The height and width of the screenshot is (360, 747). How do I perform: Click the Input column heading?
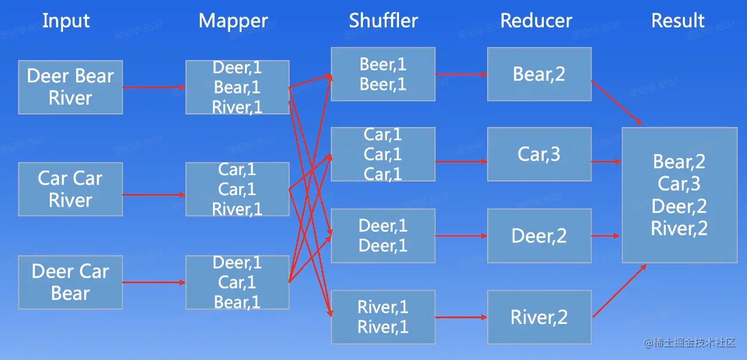click(66, 21)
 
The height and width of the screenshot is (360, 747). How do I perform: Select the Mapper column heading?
click(233, 21)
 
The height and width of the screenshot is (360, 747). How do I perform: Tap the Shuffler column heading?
click(384, 21)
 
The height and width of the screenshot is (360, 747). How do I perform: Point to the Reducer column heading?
click(536, 21)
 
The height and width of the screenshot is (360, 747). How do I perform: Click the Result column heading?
click(678, 21)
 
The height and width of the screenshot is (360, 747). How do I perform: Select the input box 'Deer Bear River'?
click(70, 87)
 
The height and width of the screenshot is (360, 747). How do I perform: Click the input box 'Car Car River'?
click(70, 189)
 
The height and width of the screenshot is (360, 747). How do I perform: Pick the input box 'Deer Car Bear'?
click(70, 282)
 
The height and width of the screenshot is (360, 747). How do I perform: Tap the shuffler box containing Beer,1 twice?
click(383, 74)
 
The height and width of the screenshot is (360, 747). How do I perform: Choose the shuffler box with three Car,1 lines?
click(383, 154)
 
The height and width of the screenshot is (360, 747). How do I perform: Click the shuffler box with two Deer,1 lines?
click(383, 235)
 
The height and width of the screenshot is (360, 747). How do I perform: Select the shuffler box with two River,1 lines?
click(383, 317)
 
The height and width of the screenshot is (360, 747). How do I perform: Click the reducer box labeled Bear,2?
click(539, 74)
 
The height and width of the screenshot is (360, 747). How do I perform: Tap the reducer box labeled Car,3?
click(539, 154)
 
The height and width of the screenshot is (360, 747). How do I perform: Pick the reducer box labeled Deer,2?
click(539, 235)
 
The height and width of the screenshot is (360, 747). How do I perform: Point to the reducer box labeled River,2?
click(539, 317)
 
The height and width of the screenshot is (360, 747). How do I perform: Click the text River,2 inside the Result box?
click(679, 229)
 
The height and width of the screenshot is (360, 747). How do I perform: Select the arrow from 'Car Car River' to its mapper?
click(153, 195)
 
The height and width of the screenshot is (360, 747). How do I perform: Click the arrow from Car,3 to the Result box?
click(606, 162)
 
